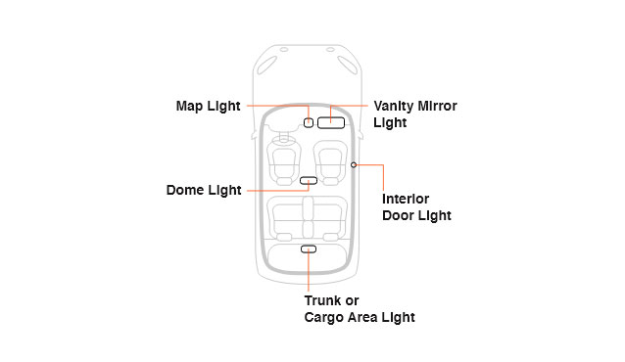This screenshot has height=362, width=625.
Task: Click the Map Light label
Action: coord(208,106)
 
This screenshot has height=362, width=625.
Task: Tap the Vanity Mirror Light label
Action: coord(415,114)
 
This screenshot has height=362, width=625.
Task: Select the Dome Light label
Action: coord(204,191)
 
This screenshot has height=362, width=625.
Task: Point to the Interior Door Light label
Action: coord(416,207)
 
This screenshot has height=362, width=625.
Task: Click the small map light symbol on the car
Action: coord(309,123)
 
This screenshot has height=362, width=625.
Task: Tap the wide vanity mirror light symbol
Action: coord(330,123)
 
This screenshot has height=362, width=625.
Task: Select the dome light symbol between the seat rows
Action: coord(309,181)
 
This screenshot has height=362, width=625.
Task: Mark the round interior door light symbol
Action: coord(353,165)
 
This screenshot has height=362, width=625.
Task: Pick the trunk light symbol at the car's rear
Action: coord(309,249)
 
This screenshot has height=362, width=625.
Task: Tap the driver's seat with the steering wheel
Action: coord(283,162)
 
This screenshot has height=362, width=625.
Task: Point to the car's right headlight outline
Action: coord(348,68)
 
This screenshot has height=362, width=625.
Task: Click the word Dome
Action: coord(184,191)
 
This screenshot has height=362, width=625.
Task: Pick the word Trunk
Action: coord(323,300)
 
